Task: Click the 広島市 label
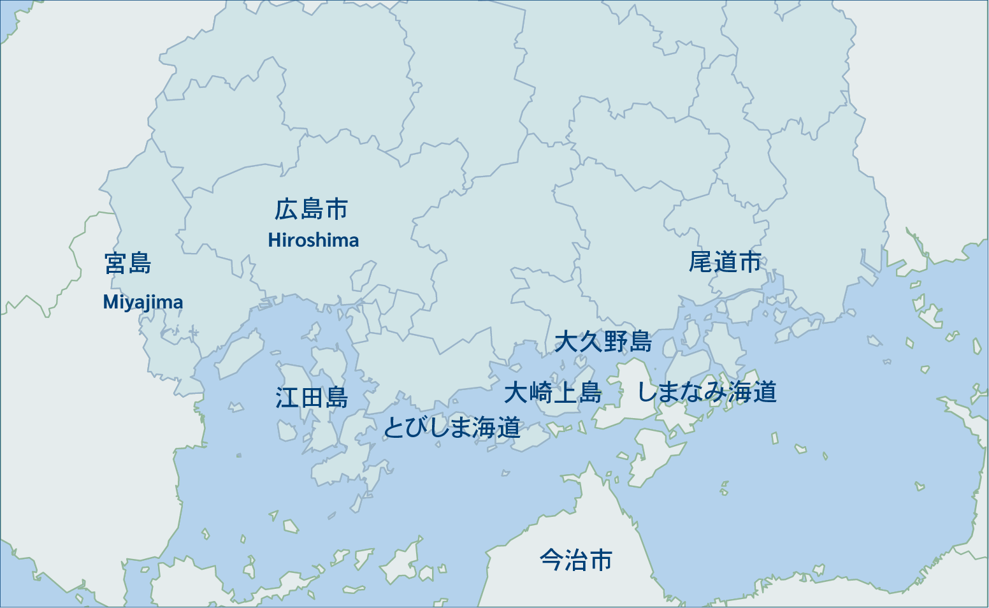(312, 210)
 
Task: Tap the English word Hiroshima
(313, 240)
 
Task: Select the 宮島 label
(128, 263)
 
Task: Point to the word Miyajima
(143, 302)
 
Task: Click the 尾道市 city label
(725, 262)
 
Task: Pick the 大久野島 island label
(603, 342)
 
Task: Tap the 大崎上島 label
(552, 393)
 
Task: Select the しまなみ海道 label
(707, 392)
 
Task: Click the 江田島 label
(312, 398)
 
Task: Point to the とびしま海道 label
(451, 428)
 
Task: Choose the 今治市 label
(576, 560)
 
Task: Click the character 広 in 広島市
(287, 210)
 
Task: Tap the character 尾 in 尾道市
(701, 262)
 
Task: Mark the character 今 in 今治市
(552, 560)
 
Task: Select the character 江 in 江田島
(287, 398)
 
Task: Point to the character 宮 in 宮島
(116, 263)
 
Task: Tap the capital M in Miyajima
(110, 302)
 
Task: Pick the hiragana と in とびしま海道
(393, 428)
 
